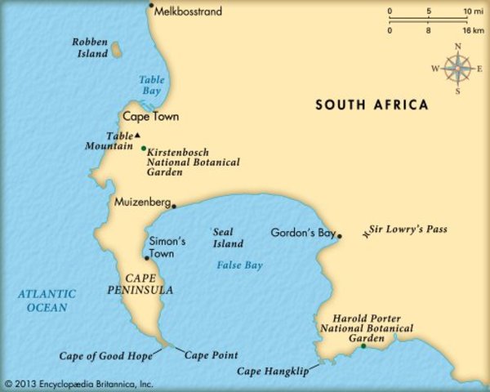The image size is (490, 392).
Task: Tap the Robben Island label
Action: (90, 47)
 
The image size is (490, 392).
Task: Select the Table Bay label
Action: (151, 86)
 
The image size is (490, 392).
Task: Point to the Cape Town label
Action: (151, 117)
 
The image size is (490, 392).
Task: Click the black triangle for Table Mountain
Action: (138, 135)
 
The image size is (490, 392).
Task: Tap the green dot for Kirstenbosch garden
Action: (144, 149)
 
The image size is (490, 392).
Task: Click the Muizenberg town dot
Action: (174, 206)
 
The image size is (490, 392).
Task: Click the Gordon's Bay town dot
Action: (340, 237)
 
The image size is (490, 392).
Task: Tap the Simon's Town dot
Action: (146, 258)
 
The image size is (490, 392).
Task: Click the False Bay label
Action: (239, 265)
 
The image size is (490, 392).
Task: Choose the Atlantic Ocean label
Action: (46, 301)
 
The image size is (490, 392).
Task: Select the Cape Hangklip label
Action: (273, 372)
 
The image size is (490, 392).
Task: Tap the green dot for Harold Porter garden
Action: (363, 346)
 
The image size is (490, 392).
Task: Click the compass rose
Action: (457, 68)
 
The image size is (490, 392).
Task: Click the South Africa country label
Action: (372, 105)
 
